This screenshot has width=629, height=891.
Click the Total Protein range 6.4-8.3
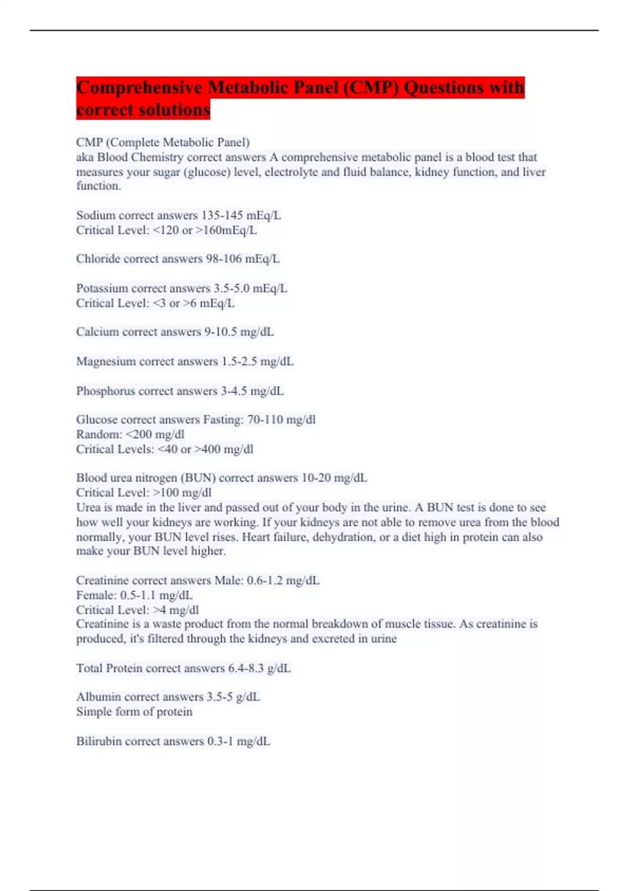(x=245, y=668)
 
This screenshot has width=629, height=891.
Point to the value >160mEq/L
(x=226, y=230)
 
